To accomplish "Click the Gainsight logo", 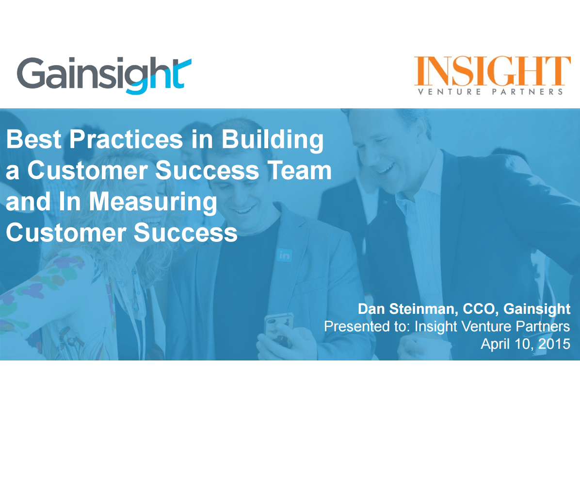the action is [x=104, y=75].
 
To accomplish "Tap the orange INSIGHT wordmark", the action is [x=492, y=71].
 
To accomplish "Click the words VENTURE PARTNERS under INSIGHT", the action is [x=490, y=91].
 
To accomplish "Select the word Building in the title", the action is [x=272, y=140].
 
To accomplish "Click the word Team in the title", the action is [x=299, y=171].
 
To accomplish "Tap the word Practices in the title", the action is [x=126, y=139].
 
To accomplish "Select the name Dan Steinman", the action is [x=406, y=308].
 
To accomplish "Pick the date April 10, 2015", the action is [x=525, y=344].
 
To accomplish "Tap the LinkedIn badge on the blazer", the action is [x=284, y=255].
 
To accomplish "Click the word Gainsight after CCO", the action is [x=537, y=309].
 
